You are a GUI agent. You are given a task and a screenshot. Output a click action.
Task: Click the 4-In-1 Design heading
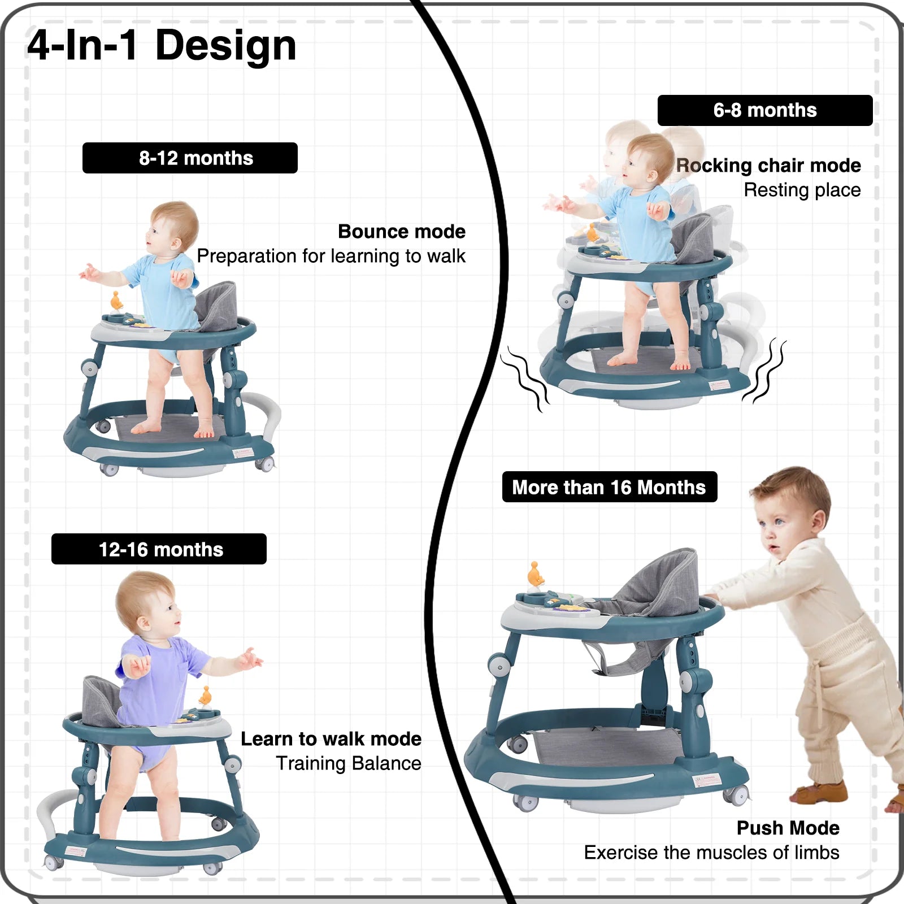point(162,45)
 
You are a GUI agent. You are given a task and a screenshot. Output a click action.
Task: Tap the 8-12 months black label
point(190,158)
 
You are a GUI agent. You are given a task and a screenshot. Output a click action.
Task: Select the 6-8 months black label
point(765,110)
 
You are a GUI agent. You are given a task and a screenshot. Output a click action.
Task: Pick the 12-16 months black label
point(159,549)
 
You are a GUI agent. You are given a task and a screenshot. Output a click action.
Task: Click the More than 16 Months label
point(610,486)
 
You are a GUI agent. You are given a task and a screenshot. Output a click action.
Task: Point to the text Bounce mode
point(402,232)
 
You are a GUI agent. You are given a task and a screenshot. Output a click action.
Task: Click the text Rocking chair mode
point(769,166)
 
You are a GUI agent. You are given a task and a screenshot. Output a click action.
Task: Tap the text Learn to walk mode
point(331,739)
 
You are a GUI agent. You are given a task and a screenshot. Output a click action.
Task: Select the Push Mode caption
point(788,828)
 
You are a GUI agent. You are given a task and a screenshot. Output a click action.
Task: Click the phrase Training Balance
point(349,763)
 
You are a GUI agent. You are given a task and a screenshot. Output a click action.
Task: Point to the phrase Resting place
point(802,190)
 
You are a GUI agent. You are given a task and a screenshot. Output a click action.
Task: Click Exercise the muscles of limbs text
point(712,852)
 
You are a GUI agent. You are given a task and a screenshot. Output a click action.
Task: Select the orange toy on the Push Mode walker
point(535,575)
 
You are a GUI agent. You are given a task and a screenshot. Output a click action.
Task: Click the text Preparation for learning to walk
point(331,256)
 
